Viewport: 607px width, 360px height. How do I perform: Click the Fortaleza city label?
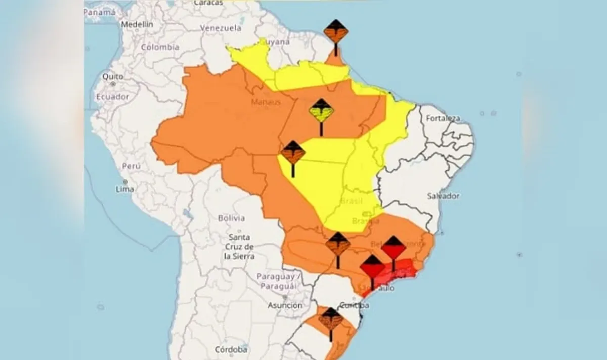pos(443,118)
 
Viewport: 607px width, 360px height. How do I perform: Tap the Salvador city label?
pos(443,196)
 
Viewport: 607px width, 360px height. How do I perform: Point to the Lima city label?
pos(125,189)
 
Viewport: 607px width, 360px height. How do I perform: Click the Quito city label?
pos(113,76)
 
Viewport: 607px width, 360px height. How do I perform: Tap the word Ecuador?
pos(113,97)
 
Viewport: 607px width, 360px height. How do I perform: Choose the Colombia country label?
pos(160,47)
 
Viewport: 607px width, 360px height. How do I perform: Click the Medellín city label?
pos(137,24)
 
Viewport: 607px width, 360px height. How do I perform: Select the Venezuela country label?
pos(221,28)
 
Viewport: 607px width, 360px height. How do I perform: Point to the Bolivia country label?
pos(231,218)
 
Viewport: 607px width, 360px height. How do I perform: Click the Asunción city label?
pos(285,305)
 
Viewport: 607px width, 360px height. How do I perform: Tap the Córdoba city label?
pos(231,349)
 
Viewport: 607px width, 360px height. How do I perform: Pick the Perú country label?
pos(131,166)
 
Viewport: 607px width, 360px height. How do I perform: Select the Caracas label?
pos(208,3)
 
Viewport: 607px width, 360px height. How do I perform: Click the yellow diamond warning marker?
pos(322,110)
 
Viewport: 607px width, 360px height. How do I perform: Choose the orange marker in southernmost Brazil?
pos(331,320)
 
